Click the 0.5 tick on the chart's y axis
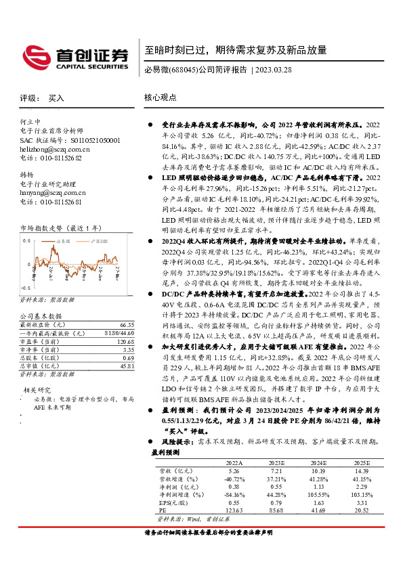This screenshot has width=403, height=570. (x=27, y=241)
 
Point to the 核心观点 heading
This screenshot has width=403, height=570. (x=161, y=97)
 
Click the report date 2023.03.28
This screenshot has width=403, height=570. (x=276, y=70)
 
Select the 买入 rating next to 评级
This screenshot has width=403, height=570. (x=56, y=98)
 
